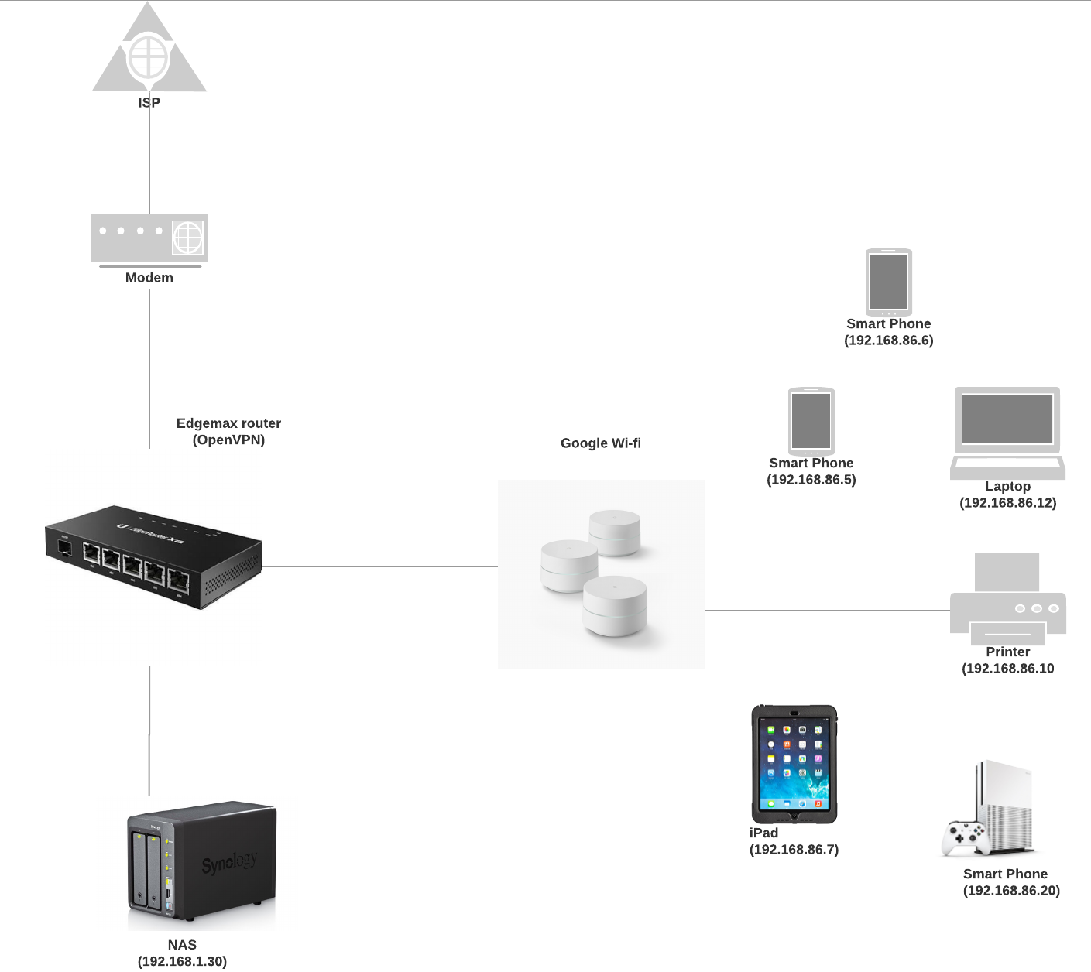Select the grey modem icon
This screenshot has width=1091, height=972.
pos(149,240)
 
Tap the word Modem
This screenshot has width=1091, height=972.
pos(149,278)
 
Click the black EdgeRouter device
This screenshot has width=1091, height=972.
pos(153,557)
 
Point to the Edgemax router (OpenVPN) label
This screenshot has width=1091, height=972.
pos(229,432)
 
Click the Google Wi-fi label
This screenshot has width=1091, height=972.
pos(601,443)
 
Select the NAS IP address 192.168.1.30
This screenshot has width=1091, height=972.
pos(183,961)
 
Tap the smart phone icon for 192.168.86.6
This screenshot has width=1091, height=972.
pos(889,282)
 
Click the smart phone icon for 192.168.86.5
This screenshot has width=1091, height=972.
pos(811,422)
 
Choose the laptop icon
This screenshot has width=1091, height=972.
pos(1007,433)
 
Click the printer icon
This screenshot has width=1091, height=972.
pos(1007,598)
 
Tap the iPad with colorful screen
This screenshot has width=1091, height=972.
pos(794,765)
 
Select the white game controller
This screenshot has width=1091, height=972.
pos(962,839)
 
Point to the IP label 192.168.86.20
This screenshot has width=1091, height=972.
pos(1011,891)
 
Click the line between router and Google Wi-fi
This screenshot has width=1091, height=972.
pos(379,566)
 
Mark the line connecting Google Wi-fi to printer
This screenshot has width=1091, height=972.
pos(827,611)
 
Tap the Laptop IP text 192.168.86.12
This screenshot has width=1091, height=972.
pos(1008,503)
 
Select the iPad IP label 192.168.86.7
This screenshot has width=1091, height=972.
pos(794,849)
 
